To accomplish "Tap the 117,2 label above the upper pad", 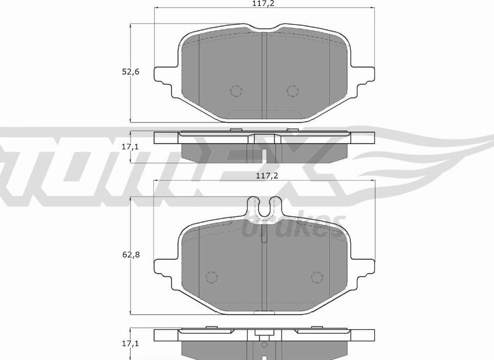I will [265, 3].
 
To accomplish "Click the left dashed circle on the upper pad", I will [236, 91].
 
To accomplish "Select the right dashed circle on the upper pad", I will [293, 91].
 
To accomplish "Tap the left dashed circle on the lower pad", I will [211, 278].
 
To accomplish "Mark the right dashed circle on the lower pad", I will [317, 278].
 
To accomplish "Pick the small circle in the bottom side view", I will [264, 345].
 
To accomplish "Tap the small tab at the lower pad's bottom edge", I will [264, 312].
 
